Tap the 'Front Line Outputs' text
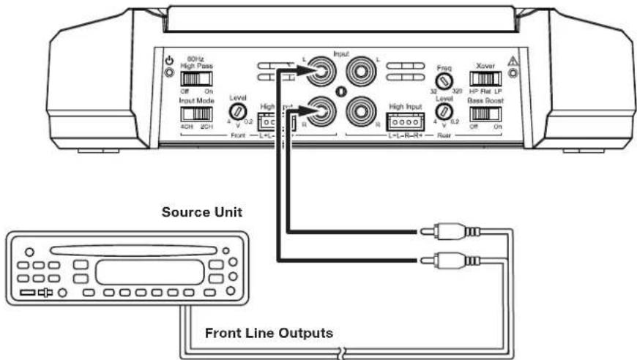coord(269,333)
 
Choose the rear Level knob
coord(444,113)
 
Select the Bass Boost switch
coord(483,114)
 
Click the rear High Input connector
coord(406,121)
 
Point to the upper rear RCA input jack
coord(361,72)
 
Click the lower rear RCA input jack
coord(361,111)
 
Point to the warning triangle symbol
coord(513,61)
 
